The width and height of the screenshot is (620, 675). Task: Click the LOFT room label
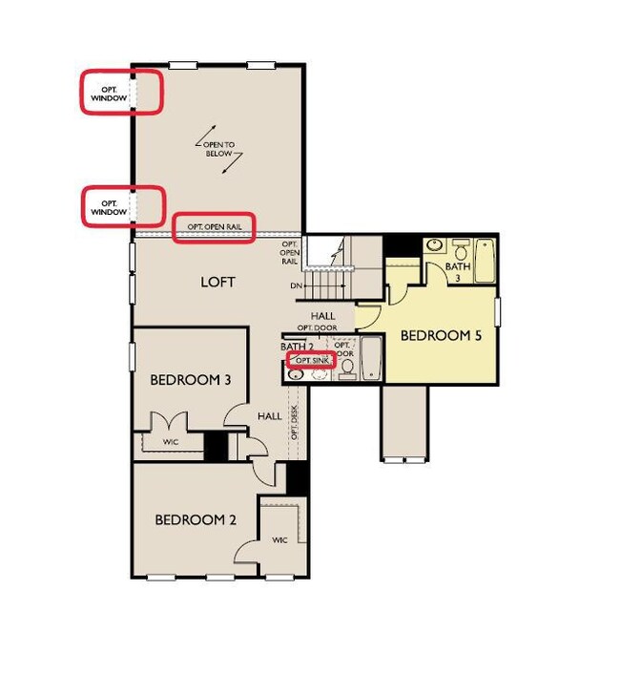click(217, 282)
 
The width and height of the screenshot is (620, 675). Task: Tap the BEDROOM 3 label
click(191, 380)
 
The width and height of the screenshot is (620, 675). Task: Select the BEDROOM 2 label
click(196, 519)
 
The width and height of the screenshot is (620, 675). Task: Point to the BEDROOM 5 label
click(441, 335)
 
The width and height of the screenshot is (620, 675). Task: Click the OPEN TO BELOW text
click(218, 149)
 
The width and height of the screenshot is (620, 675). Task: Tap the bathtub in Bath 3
click(485, 261)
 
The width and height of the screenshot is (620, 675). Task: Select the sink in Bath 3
click(435, 245)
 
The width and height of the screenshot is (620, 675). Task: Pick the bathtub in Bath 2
click(371, 358)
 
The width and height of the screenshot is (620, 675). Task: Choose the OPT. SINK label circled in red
click(312, 359)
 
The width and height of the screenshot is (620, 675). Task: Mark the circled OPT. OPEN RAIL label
click(214, 227)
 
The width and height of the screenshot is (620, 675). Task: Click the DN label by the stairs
click(296, 285)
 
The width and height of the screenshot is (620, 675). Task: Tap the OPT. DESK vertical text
click(295, 423)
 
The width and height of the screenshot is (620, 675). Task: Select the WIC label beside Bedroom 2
click(279, 539)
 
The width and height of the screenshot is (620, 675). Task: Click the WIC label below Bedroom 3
click(171, 442)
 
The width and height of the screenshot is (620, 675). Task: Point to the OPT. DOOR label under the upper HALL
click(318, 327)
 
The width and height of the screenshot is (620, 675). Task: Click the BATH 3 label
click(458, 272)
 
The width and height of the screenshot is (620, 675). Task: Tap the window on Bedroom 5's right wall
click(498, 312)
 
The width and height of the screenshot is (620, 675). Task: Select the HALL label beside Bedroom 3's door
click(270, 416)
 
